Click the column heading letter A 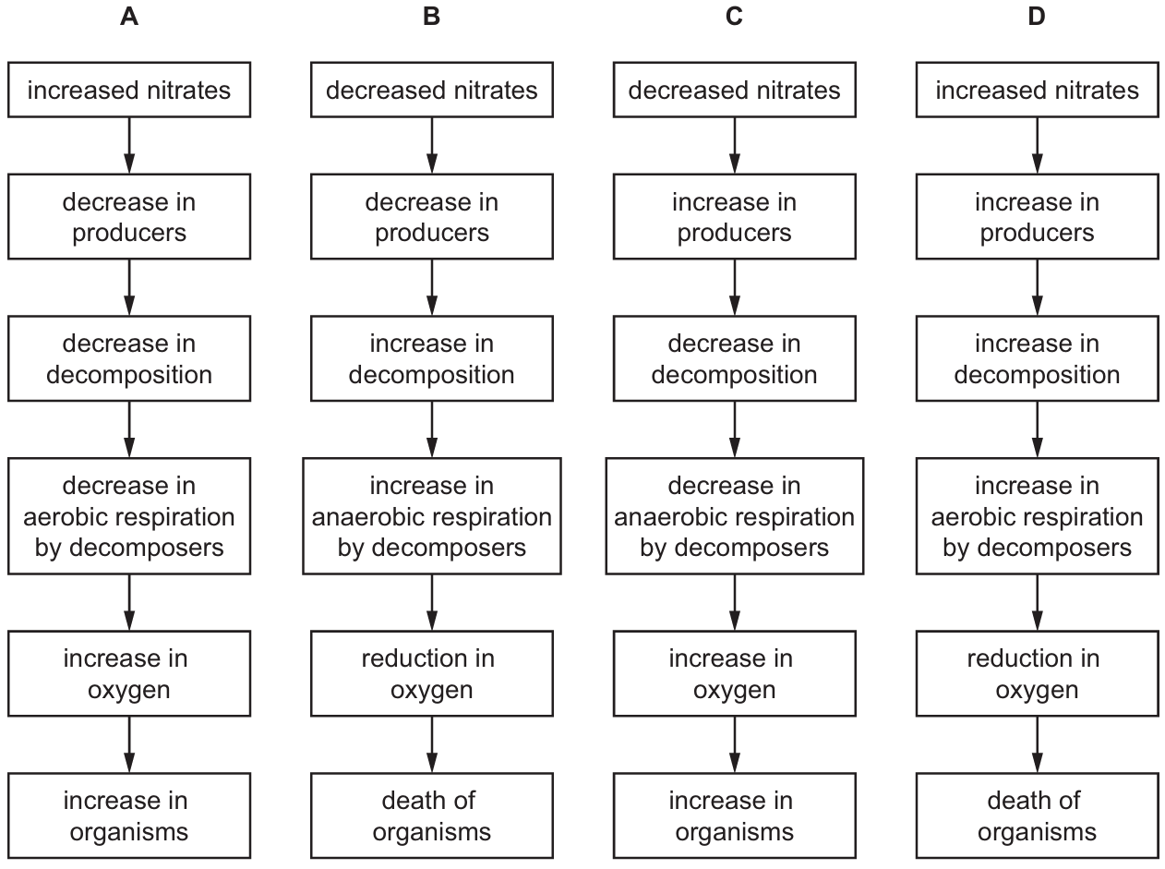[x=129, y=17]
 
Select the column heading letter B [x=431, y=17]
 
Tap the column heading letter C [x=734, y=17]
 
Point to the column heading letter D [x=1037, y=17]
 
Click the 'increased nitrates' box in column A [x=129, y=90]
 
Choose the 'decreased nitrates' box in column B [x=431, y=90]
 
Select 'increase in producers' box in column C [x=735, y=217]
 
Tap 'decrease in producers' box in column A [x=129, y=217]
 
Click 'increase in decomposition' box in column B [x=431, y=359]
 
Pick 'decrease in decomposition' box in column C [x=735, y=359]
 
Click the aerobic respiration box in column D [x=1037, y=516]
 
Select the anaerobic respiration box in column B [x=431, y=516]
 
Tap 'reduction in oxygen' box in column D [x=1037, y=673]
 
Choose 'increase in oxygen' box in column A [x=129, y=673]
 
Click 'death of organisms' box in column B [x=431, y=815]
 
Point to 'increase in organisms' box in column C [x=735, y=815]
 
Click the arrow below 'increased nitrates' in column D [x=1037, y=146]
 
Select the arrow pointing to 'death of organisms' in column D [x=1037, y=744]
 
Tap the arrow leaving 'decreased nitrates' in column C [x=735, y=146]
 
